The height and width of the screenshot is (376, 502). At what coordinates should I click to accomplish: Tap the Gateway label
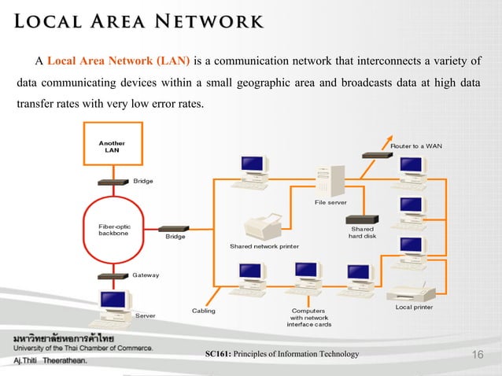[x=146, y=275]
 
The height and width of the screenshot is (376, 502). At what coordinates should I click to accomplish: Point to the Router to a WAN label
[x=416, y=146]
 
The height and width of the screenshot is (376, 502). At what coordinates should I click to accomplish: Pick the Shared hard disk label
[x=362, y=232]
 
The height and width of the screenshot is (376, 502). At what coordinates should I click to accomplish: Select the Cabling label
[x=204, y=311]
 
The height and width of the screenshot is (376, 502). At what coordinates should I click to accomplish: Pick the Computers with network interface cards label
[x=308, y=317]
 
